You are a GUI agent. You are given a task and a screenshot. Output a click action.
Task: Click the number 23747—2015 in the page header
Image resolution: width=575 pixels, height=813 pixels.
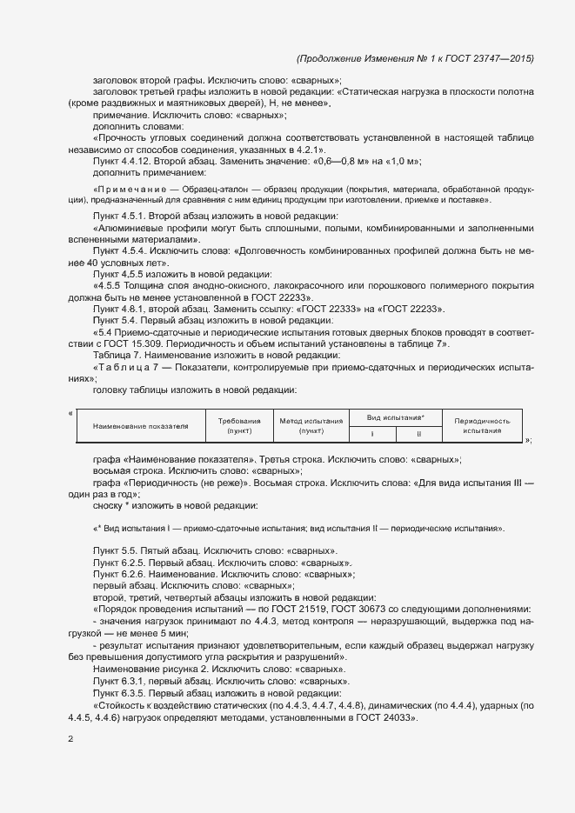pos(503,58)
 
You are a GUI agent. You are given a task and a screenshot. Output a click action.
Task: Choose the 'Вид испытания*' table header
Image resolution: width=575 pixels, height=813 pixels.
pos(395,417)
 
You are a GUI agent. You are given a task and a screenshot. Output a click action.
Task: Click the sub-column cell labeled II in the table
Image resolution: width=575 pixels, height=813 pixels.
pos(418,433)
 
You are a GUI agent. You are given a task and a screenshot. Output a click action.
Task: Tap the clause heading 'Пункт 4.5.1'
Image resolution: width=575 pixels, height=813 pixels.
pos(119,215)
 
